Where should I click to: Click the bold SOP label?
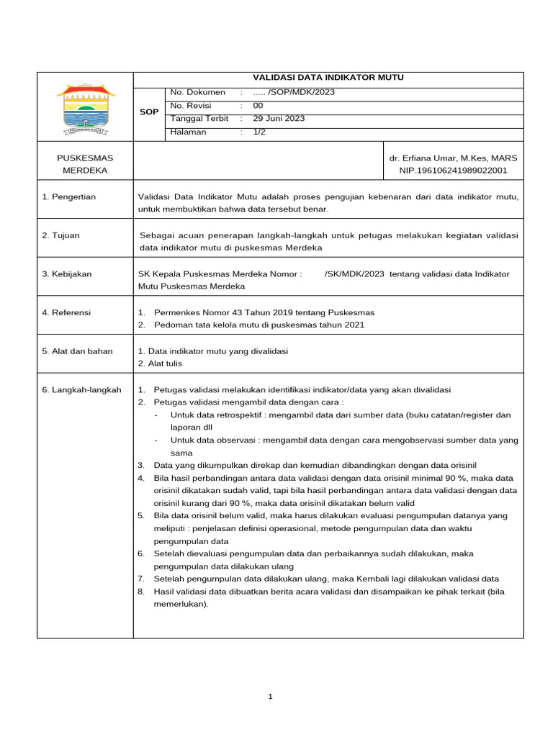[149, 112]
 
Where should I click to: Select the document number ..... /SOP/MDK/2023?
[294, 92]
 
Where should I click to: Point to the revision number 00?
[258, 106]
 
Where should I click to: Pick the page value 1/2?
[259, 132]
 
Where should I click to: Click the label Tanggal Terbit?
[199, 119]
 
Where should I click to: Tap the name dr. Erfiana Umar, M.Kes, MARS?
[453, 158]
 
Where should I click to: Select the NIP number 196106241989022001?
[453, 171]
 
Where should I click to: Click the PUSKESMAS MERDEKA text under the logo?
[85, 164]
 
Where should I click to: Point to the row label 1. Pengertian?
[68, 196]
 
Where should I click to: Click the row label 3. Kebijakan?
[66, 273]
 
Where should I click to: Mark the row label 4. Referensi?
[66, 312]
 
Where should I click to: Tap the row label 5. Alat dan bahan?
[77, 351]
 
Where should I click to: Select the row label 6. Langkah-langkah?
[81, 390]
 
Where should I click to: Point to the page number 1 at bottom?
[271, 697]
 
